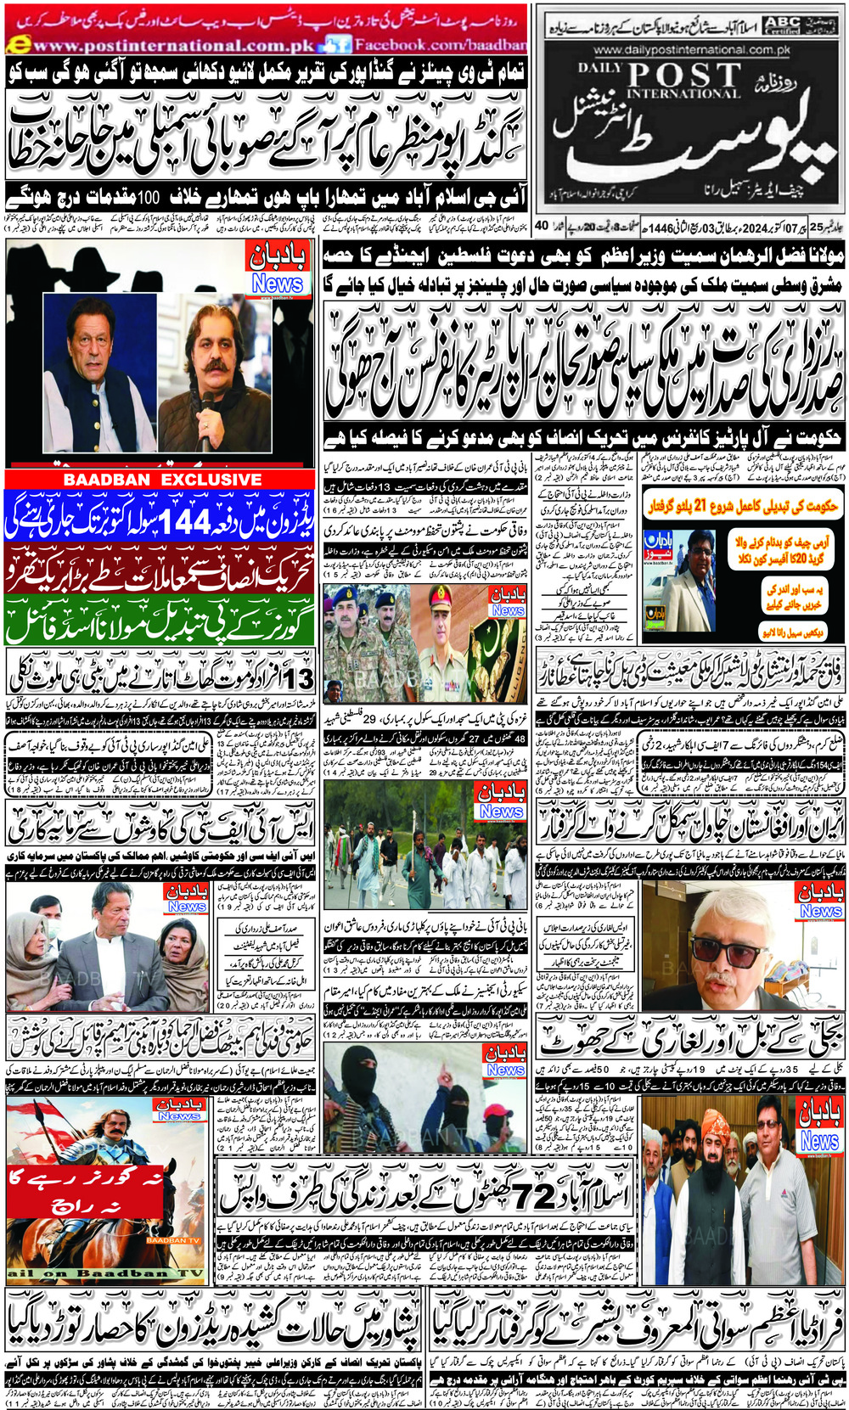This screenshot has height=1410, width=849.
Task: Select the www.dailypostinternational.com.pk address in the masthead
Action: click(x=692, y=51)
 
